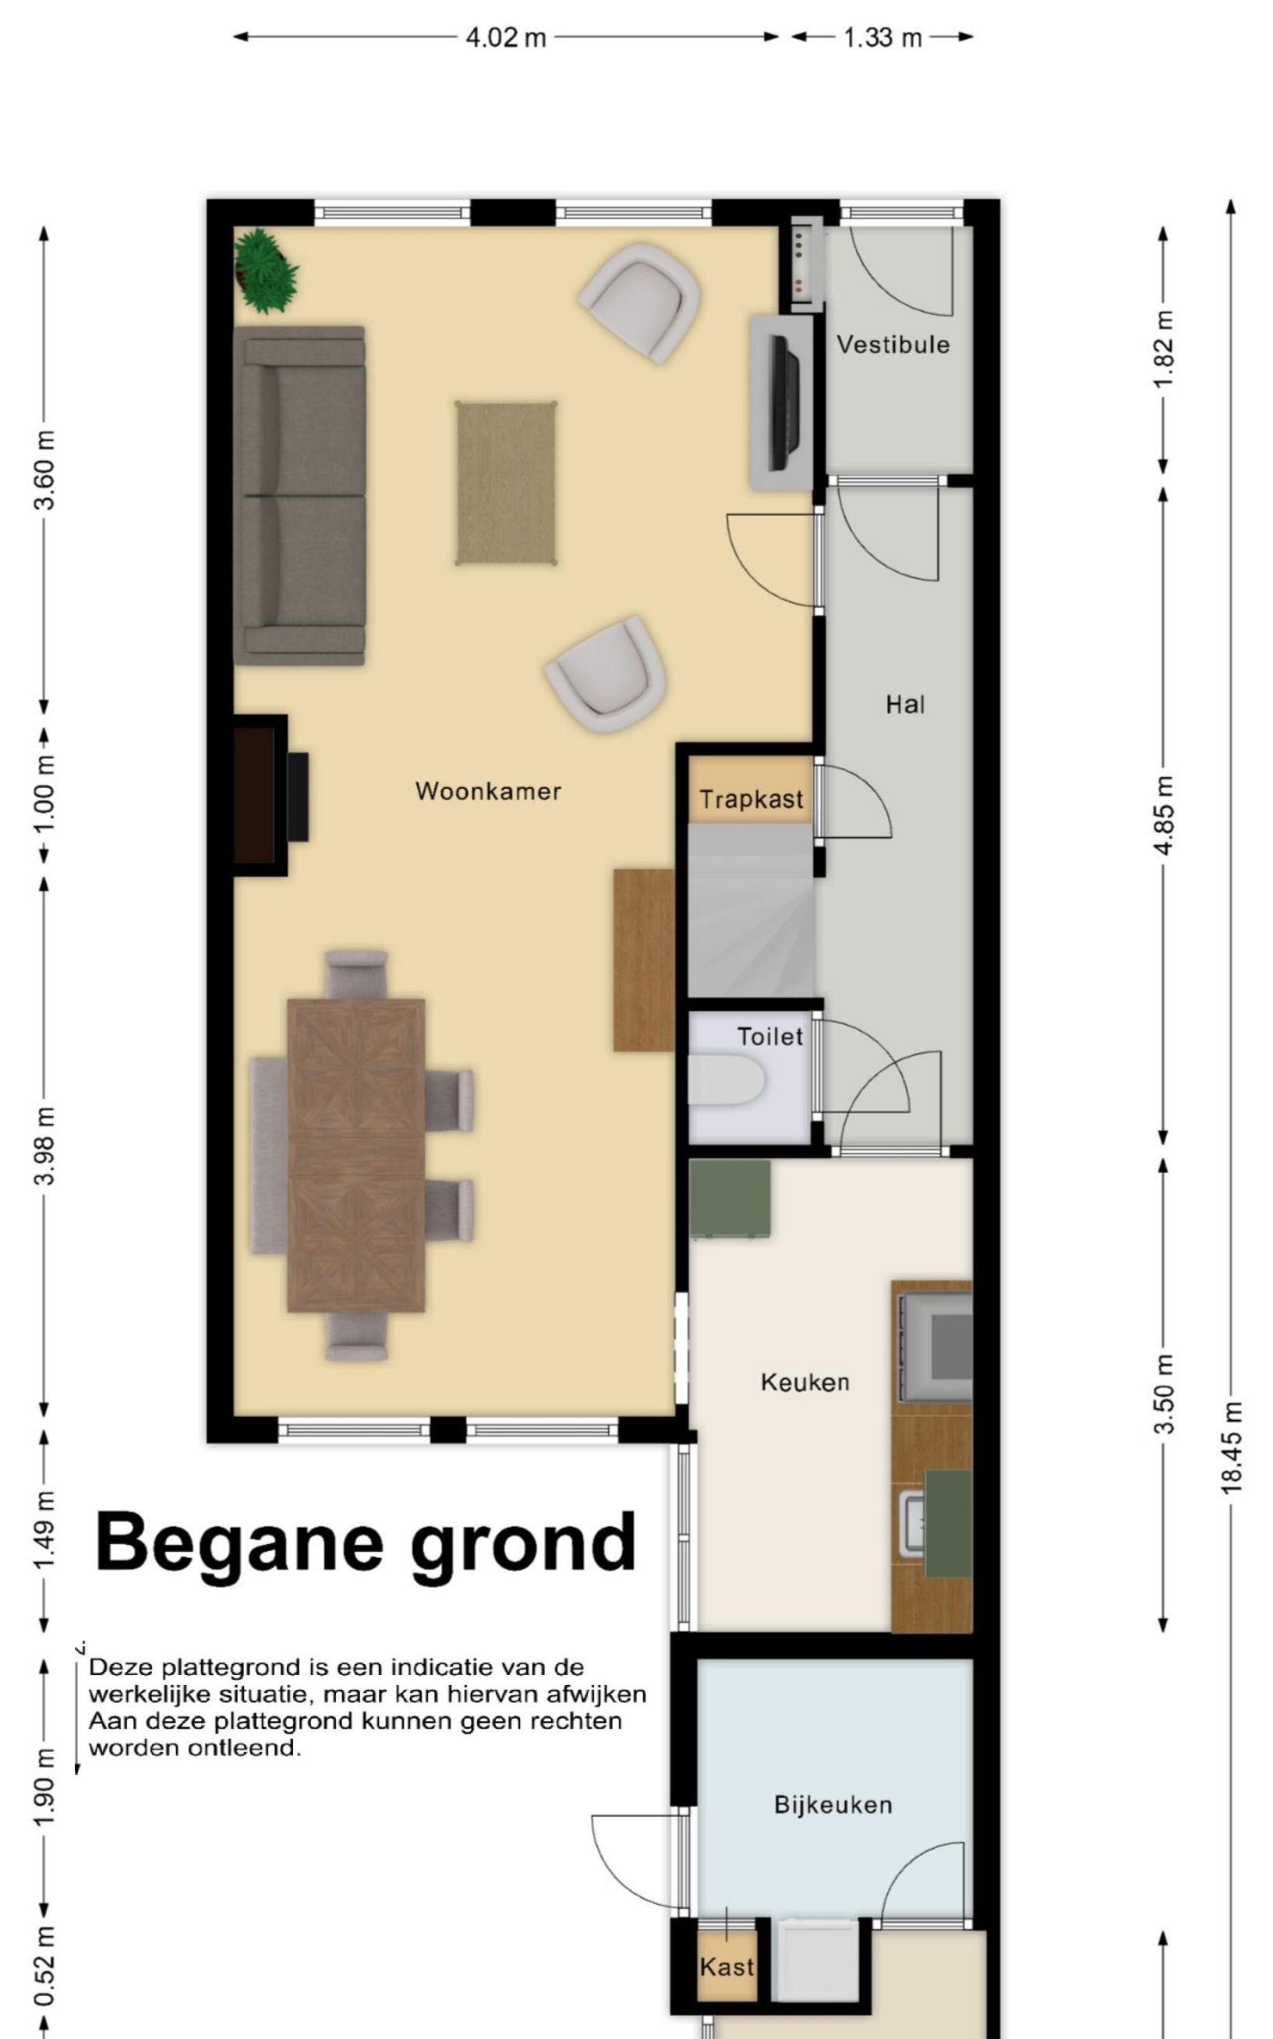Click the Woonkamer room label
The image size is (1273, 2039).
pyautogui.click(x=487, y=791)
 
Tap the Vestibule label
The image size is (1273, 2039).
pyautogui.click(x=893, y=345)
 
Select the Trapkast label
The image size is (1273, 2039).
pyautogui.click(x=751, y=799)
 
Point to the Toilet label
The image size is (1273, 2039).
pyautogui.click(x=769, y=1037)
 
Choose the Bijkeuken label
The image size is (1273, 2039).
pyautogui.click(x=833, y=1804)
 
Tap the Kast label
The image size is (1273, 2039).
pyautogui.click(x=727, y=1967)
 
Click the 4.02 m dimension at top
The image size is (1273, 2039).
pyautogui.click(x=506, y=38)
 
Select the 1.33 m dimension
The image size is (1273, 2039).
pyautogui.click(x=882, y=38)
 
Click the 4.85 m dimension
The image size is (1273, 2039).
pyautogui.click(x=1164, y=815)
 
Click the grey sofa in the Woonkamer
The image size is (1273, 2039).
pyautogui.click(x=299, y=496)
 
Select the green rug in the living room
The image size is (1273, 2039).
pyautogui.click(x=506, y=483)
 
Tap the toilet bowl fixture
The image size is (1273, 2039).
pyautogui.click(x=726, y=1080)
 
